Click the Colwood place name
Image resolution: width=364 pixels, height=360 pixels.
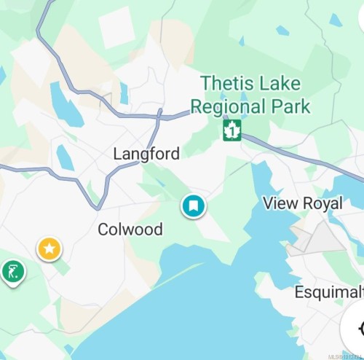click(x=130, y=230)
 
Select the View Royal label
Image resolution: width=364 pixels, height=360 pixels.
click(x=302, y=203)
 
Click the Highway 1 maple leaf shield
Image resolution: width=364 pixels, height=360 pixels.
click(x=232, y=131)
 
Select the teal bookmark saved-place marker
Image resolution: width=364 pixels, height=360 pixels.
click(x=194, y=206)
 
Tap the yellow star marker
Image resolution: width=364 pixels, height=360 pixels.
click(x=50, y=249)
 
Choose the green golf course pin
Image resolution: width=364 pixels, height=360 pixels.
click(x=12, y=273)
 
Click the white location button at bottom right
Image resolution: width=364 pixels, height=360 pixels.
click(x=356, y=328)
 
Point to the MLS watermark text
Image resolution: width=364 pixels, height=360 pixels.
click(x=345, y=356)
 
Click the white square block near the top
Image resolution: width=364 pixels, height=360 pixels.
click(x=117, y=27)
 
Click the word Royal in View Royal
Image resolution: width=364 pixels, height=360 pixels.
click(x=320, y=203)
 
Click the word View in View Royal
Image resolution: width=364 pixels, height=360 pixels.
click(x=279, y=203)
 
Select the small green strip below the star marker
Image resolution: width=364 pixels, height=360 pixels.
click(x=62, y=267)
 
